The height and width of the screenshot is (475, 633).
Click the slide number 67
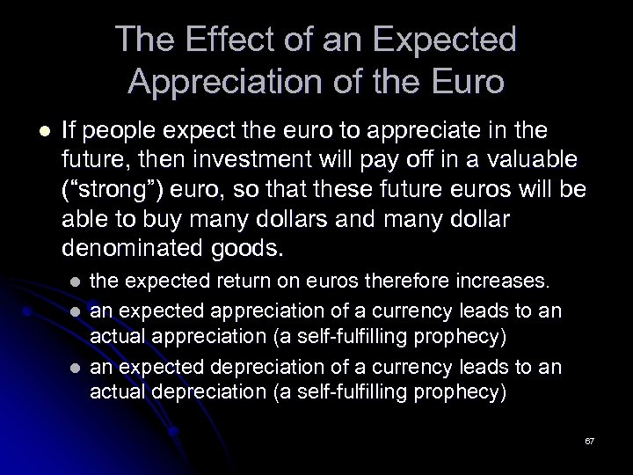tap(590, 440)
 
